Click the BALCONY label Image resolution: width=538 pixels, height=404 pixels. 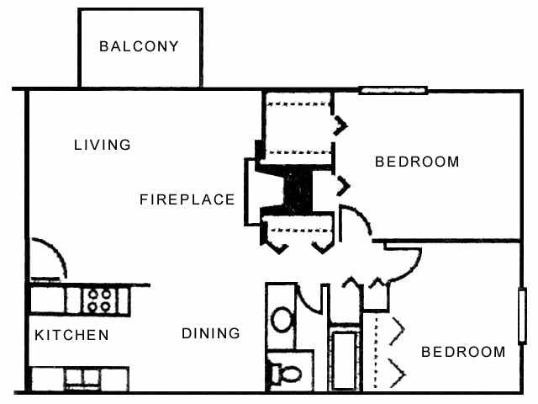point(139,46)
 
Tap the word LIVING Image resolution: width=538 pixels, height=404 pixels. point(103,145)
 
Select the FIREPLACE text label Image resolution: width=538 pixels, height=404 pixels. point(187,199)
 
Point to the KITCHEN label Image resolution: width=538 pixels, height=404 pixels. point(71,335)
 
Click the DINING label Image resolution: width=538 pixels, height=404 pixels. point(211,333)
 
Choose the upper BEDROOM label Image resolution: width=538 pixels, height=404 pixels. point(417,162)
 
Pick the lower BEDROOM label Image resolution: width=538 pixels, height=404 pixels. point(463,352)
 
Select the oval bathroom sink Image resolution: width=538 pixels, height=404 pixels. point(282,319)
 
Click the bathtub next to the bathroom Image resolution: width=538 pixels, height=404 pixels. point(344,360)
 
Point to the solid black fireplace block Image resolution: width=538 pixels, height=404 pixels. point(297,189)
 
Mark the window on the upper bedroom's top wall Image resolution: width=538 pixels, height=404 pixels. point(393,90)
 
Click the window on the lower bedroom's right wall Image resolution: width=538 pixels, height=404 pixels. point(522,315)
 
